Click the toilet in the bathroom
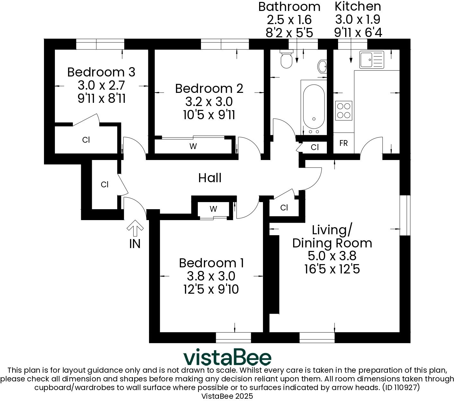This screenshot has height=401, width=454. [286, 59]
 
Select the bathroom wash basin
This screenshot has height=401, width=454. [322, 67]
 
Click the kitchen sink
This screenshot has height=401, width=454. [371, 60]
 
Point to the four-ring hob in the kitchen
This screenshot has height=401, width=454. [344, 110]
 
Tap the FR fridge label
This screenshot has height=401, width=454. [344, 143]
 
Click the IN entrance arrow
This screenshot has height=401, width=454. [135, 228]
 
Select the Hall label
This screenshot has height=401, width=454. [210, 178]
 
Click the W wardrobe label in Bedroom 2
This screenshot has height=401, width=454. [193, 147]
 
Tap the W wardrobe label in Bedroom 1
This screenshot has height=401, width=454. [214, 209]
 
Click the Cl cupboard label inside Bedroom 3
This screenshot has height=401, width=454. [86, 140]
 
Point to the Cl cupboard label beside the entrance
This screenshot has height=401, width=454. [105, 185]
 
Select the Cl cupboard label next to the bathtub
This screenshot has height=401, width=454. [315, 147]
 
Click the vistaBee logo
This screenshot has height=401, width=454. [227, 358]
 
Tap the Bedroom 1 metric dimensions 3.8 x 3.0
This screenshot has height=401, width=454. [211, 276]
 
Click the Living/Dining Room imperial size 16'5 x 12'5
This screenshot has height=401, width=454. [332, 269]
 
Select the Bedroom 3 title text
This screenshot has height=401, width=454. [101, 72]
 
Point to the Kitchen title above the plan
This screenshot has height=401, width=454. [358, 6]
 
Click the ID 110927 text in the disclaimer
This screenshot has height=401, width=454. [400, 388]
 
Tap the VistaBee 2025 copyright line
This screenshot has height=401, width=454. [227, 396]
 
